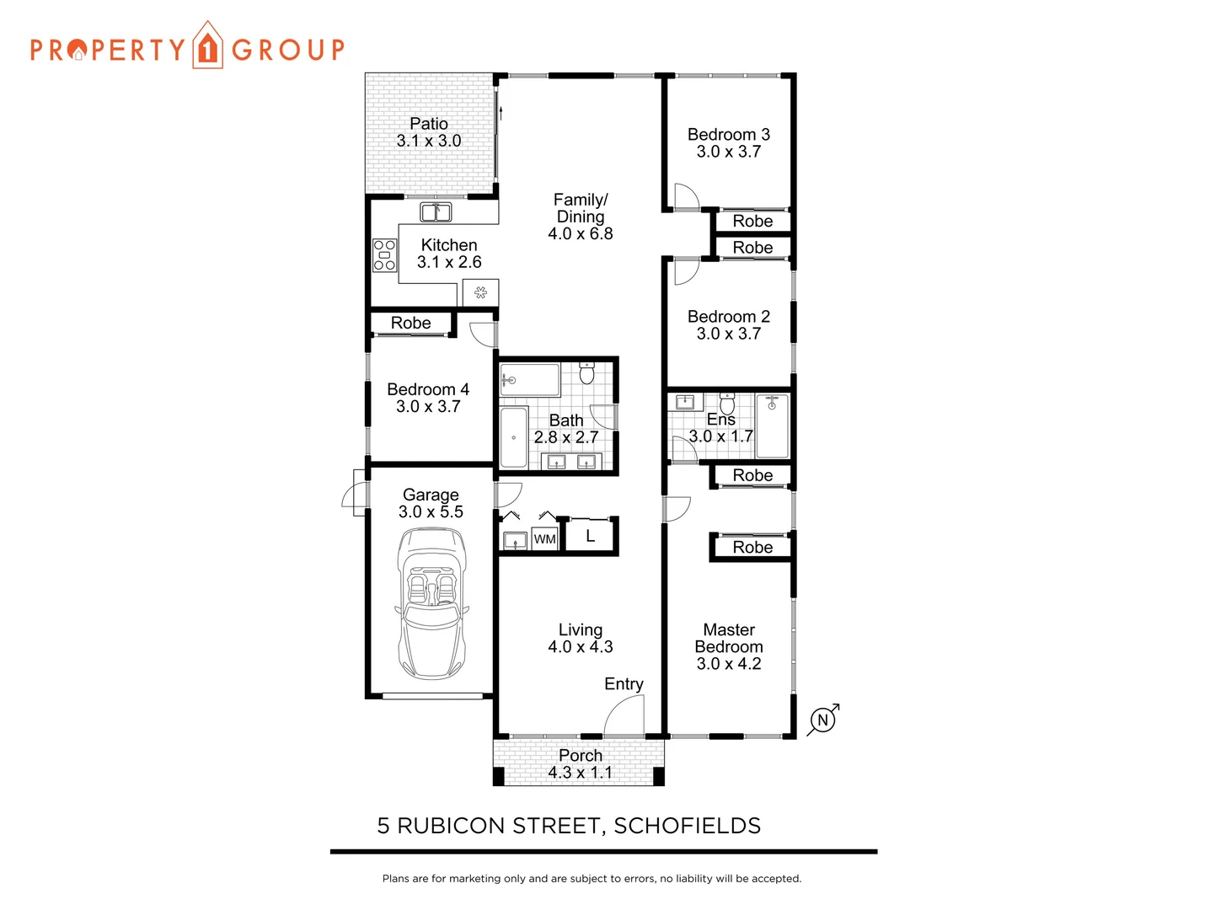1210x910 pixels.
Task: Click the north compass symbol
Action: tap(823, 720)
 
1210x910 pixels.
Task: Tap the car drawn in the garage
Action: tap(431, 603)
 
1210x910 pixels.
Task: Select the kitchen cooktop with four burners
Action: tap(384, 255)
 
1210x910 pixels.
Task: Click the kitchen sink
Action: tap(436, 211)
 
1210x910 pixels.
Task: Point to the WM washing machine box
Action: tap(544, 539)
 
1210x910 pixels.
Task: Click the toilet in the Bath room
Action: tap(587, 372)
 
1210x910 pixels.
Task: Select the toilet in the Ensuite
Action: tap(727, 403)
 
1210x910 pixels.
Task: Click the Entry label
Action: tap(624, 684)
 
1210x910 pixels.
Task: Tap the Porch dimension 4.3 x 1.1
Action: tap(580, 773)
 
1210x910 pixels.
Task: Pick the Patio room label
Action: tap(429, 124)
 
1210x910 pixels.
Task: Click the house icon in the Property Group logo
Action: tap(207, 45)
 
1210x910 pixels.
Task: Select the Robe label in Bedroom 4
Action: tap(410, 324)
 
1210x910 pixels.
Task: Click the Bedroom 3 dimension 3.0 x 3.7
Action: tap(728, 153)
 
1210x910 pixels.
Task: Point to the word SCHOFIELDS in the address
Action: tap(687, 826)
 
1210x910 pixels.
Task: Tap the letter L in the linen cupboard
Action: tap(590, 536)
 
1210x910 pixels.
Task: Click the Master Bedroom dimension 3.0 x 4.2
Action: tap(728, 664)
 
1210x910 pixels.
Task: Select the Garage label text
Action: tap(431, 495)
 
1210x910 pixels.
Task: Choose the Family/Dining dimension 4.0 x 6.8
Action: tap(580, 234)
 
